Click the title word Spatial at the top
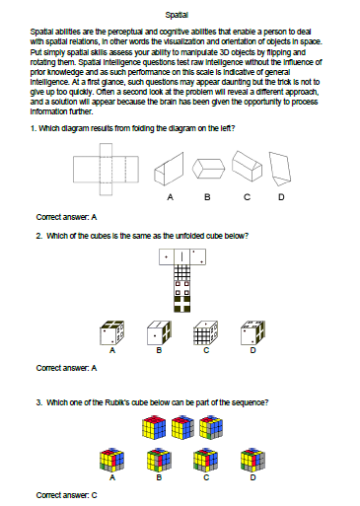(x=177, y=15)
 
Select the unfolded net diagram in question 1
(x=106, y=170)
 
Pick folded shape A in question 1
(x=169, y=169)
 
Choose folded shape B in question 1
(x=208, y=169)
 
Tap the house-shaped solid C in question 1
(x=248, y=166)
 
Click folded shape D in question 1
(x=280, y=167)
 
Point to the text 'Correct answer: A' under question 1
(x=66, y=217)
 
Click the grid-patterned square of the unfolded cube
(x=182, y=272)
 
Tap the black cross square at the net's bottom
(x=182, y=304)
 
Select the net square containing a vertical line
(x=182, y=256)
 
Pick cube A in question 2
(x=112, y=332)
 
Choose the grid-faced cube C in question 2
(x=206, y=332)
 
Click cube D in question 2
(x=252, y=332)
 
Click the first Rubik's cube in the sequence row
(x=154, y=427)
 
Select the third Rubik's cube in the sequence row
(x=211, y=427)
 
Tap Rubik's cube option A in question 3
(x=112, y=460)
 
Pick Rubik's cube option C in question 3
(x=206, y=460)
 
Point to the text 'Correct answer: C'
(x=66, y=495)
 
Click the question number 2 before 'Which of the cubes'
(x=38, y=236)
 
